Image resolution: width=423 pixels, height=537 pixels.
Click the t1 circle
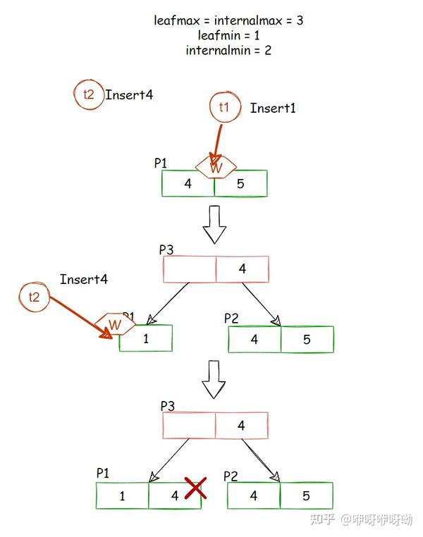tap(224, 108)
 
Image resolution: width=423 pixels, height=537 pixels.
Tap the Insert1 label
tap(273, 108)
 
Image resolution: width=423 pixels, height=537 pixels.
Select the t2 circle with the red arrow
tap(34, 297)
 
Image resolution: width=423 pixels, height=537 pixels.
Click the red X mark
tap(195, 488)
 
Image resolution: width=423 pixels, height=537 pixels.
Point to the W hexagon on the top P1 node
tap(216, 168)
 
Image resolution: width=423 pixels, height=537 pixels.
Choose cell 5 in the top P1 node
tap(240, 184)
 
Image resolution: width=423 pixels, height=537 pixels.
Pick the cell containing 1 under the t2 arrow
tap(146, 338)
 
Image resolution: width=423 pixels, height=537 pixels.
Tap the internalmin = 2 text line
tap(228, 50)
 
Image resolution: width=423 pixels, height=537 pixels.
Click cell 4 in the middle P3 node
tap(242, 268)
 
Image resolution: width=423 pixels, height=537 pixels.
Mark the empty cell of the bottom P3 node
tap(189, 426)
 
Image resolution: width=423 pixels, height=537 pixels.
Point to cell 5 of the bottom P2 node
tap(306, 496)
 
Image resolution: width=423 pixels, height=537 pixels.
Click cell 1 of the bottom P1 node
tap(123, 496)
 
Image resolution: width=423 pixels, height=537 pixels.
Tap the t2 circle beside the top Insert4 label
tap(88, 95)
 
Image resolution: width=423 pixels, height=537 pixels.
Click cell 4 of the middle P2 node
tap(255, 339)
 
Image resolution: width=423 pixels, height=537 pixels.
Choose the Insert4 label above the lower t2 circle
tap(84, 280)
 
